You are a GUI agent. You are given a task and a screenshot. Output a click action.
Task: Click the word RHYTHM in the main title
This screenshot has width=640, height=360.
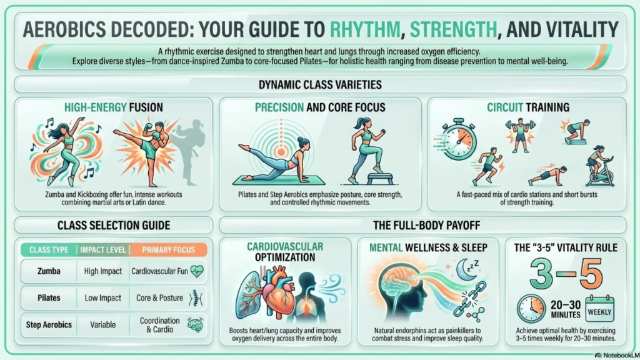pos(365,29)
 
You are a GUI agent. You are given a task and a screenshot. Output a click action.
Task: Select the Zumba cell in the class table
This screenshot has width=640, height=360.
pos(49,271)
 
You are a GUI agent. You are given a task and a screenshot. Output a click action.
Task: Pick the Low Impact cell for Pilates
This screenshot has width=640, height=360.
pos(103,298)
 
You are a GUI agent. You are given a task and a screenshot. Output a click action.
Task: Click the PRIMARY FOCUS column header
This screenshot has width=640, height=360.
pos(168,250)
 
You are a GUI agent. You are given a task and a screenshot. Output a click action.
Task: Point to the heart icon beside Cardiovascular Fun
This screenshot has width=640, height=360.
pos(197,271)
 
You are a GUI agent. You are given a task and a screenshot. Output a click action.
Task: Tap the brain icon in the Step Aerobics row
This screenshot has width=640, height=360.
pos(196,324)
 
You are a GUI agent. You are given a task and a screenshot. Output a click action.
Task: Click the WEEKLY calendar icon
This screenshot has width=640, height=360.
pos(599,309)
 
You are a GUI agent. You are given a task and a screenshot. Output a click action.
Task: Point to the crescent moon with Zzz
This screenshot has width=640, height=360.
pos(467,269)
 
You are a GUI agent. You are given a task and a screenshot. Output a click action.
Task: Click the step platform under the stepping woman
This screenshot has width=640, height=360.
pos(380,178)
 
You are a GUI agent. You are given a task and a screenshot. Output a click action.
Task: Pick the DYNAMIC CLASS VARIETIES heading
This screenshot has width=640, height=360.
pos(320,84)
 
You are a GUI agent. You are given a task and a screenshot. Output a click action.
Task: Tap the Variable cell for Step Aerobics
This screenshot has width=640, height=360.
pos(103,325)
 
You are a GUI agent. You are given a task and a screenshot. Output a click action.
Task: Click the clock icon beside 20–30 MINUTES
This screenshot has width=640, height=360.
pos(531,309)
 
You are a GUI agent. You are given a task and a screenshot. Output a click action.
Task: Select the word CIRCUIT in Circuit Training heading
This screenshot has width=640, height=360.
pos(505,107)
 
